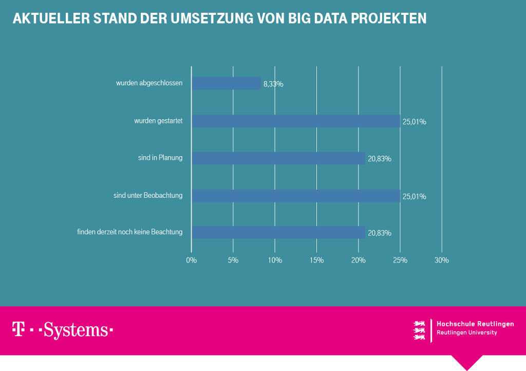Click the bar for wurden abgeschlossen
point(227,83)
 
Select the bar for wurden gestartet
point(296,121)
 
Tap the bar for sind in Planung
point(278,158)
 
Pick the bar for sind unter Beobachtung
point(296,196)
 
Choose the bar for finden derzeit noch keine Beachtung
point(278,232)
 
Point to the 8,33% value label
point(273,84)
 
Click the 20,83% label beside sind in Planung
point(380,159)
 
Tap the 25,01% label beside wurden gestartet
point(415,122)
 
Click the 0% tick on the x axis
point(191,261)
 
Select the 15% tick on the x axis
point(316,261)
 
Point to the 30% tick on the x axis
point(442,261)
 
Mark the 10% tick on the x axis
point(275,261)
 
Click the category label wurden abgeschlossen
point(149,83)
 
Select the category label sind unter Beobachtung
point(148,196)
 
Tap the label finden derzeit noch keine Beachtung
point(130,232)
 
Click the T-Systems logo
point(63,330)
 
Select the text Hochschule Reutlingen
point(475,324)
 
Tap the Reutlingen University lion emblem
point(420,330)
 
